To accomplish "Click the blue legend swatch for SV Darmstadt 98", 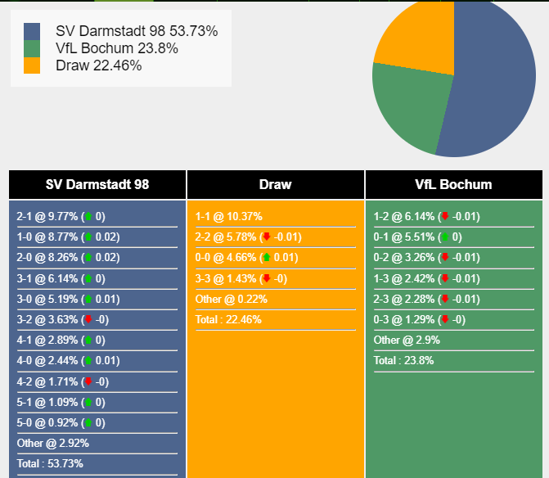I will [x=32, y=31].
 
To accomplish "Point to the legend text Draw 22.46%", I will [x=98, y=65].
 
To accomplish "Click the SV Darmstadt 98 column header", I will [x=97, y=184].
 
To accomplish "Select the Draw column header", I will [x=275, y=184].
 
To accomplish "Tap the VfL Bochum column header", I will [x=453, y=184].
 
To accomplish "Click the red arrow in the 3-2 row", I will [x=88, y=320].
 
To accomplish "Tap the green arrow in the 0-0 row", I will [x=266, y=259].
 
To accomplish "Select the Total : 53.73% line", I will [x=50, y=463].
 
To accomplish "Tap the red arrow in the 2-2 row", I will [x=266, y=238].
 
